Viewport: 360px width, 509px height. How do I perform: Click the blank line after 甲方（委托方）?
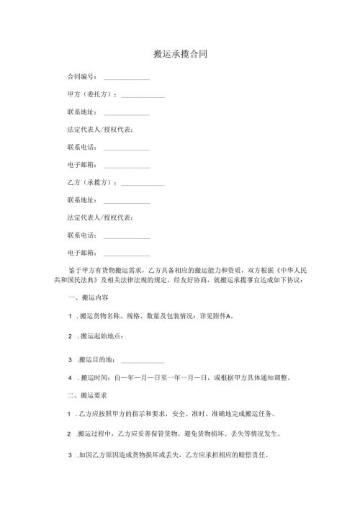tap(143, 96)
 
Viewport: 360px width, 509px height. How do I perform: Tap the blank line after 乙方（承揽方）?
tap(143, 184)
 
